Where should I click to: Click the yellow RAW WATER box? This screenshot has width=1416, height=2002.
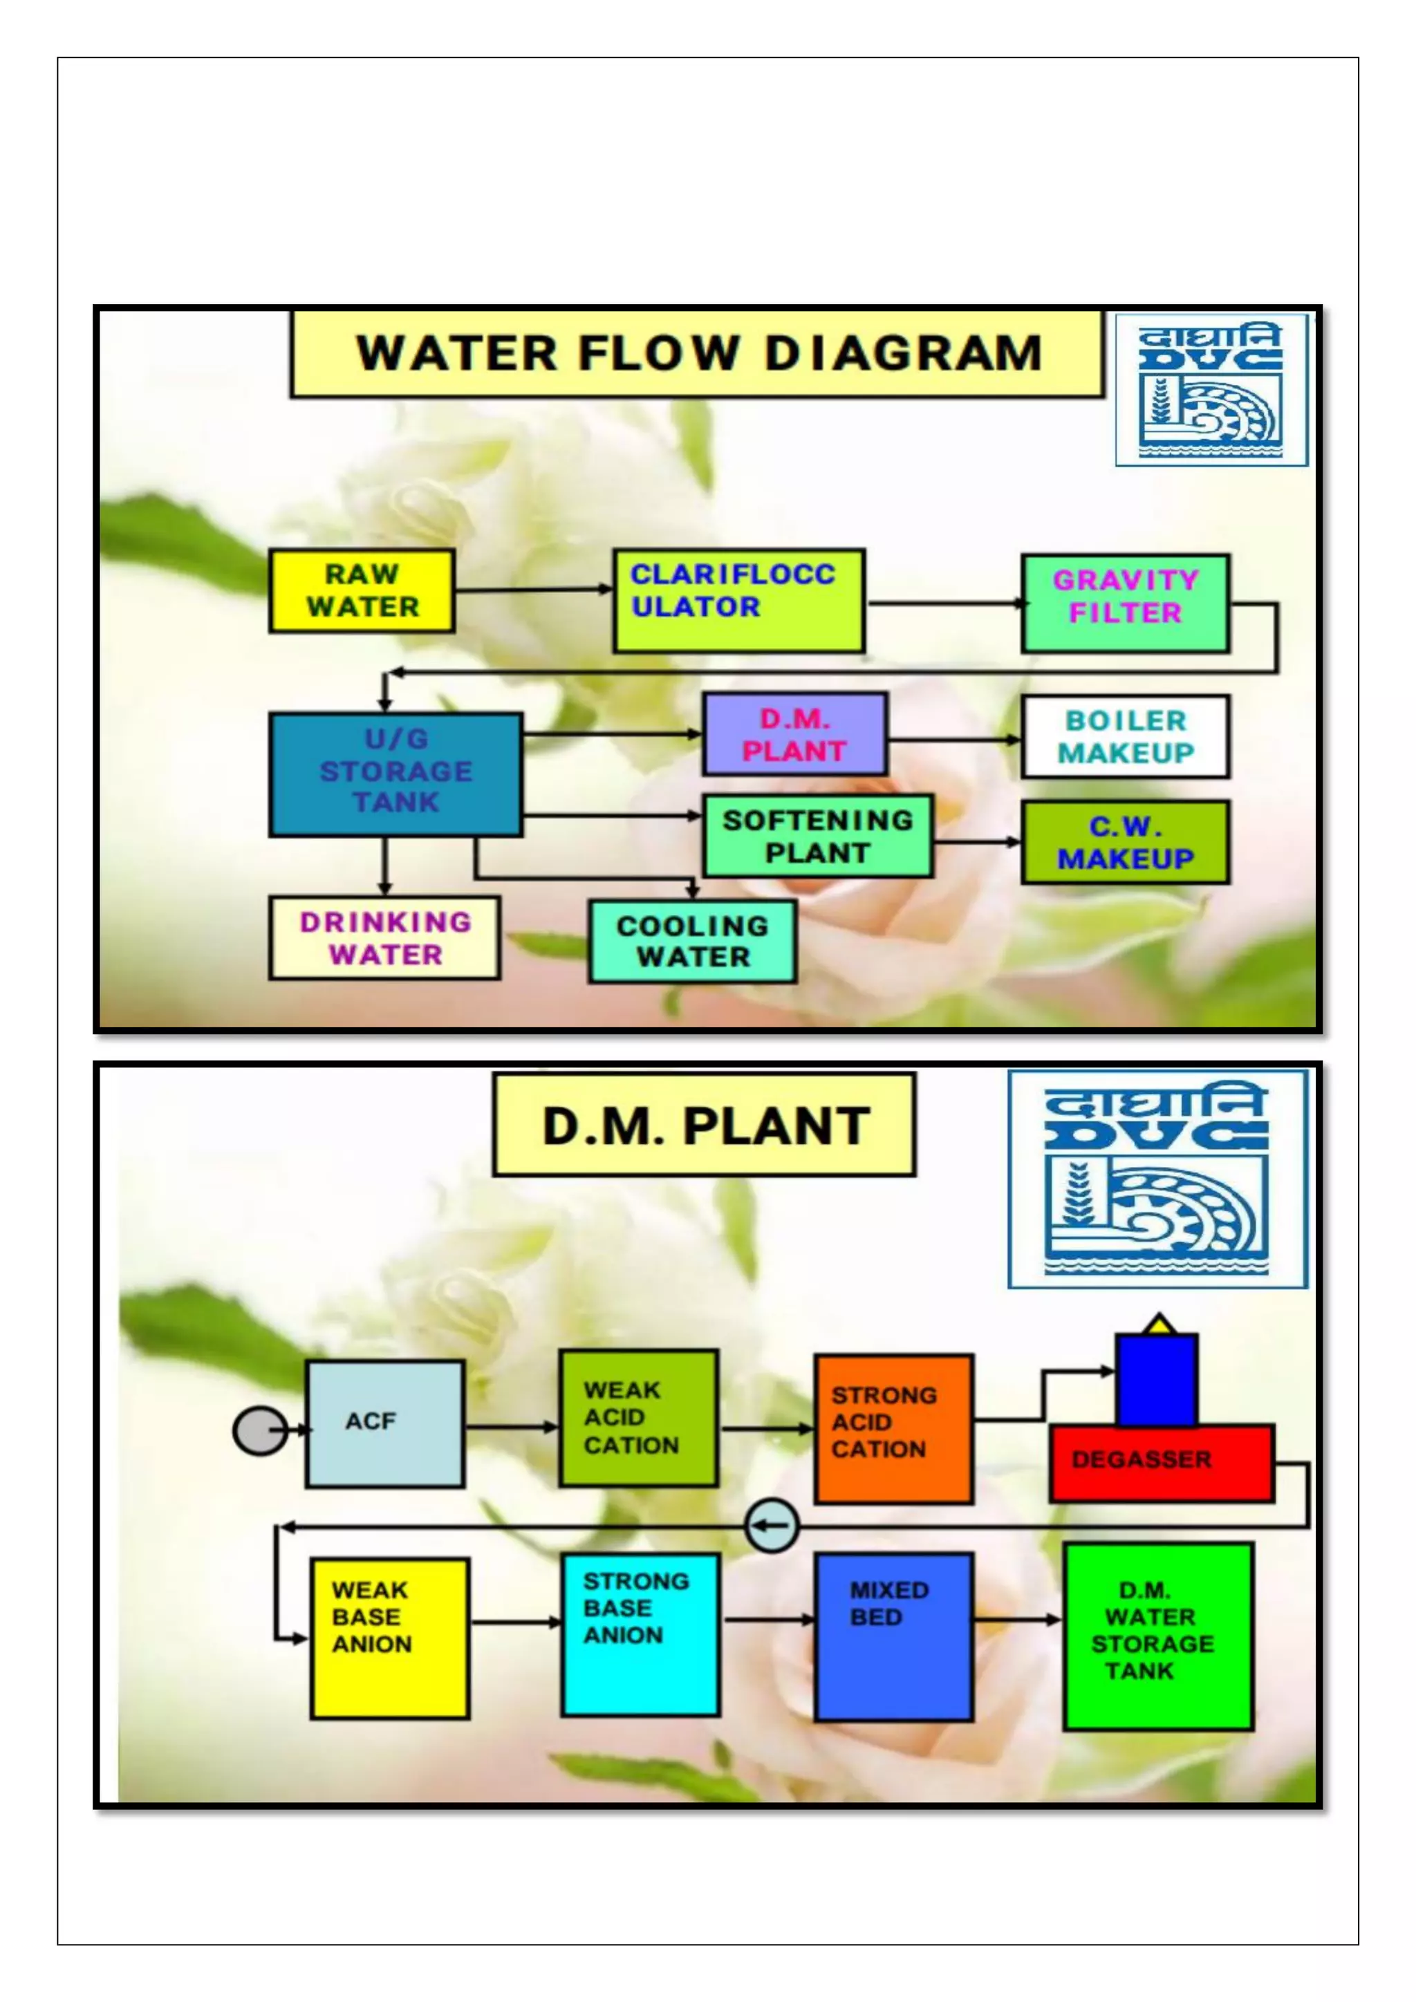click(361, 590)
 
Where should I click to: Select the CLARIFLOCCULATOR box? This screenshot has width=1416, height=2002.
click(738, 600)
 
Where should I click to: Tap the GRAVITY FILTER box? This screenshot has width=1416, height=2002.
click(1125, 604)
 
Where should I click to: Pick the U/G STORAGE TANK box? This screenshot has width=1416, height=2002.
click(396, 774)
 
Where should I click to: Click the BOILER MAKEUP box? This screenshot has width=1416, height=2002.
click(1125, 737)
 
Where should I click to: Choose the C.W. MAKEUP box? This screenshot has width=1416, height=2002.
click(1125, 842)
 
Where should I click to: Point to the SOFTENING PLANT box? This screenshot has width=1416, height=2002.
click(817, 836)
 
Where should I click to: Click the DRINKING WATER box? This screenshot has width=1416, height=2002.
click(384, 938)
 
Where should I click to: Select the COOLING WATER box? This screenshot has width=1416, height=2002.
click(692, 942)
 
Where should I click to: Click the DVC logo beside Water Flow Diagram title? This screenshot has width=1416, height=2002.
click(1211, 390)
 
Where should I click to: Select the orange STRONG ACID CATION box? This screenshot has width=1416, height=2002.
click(893, 1428)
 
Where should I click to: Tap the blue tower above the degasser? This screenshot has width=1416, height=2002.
click(1156, 1381)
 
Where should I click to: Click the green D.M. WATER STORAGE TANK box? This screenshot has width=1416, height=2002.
click(1158, 1636)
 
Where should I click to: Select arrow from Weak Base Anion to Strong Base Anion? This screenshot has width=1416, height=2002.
click(515, 1622)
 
